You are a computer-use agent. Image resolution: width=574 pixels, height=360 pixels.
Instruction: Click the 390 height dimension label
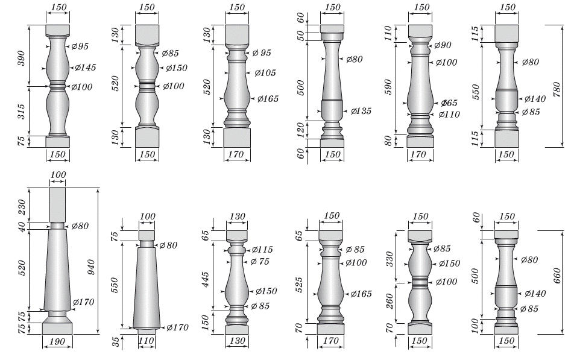click(21, 58)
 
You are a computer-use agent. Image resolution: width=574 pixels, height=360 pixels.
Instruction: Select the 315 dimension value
click(21, 112)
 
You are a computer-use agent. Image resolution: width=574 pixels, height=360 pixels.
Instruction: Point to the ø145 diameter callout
click(85, 68)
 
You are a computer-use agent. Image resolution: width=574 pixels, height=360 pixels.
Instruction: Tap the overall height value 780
click(557, 89)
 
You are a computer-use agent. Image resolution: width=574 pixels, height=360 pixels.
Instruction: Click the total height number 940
click(91, 267)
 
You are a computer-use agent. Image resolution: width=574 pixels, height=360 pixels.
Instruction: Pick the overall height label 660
click(557, 276)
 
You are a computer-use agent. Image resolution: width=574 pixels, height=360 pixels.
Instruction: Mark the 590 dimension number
click(388, 87)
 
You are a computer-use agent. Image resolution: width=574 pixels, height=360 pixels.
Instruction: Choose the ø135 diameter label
click(361, 111)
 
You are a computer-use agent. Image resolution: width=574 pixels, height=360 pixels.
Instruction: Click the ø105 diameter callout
click(265, 73)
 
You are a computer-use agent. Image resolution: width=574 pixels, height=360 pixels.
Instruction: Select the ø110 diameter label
click(449, 115)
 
